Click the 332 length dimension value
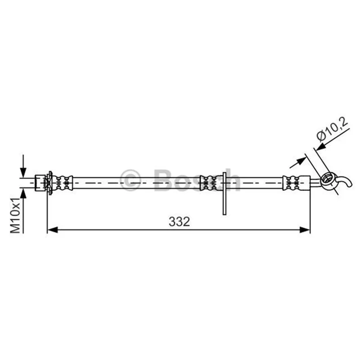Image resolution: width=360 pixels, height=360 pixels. click(179, 222)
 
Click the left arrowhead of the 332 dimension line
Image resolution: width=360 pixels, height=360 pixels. click(53, 229)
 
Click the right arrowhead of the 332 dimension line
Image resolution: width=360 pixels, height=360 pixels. click(305, 229)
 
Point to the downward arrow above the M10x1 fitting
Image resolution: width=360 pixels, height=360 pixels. click(23, 166)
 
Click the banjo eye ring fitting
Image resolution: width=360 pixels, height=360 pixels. click(327, 179)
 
